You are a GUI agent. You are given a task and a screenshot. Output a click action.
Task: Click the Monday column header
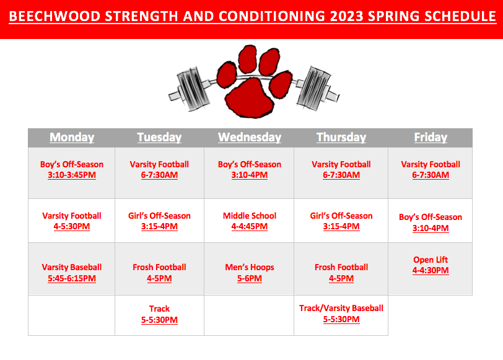tap(72, 138)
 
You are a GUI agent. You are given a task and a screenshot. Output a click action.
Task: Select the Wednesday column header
tap(250, 138)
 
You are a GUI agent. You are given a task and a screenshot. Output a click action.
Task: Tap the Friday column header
tap(431, 138)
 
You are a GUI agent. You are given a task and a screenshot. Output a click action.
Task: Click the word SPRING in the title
tap(394, 16)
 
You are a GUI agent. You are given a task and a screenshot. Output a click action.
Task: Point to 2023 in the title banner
tap(347, 16)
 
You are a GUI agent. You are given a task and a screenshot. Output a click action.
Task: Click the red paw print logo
tap(254, 82)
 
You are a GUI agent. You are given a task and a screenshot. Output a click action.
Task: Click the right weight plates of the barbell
tap(313, 88)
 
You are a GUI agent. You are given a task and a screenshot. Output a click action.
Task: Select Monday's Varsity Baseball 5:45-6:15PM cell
tap(71, 269)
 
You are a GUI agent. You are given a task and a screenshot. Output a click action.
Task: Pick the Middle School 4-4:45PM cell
tap(249, 221)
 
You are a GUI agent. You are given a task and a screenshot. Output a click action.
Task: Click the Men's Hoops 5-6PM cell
tap(249, 269)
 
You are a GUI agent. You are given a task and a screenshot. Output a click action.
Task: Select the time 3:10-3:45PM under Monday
tap(72, 175)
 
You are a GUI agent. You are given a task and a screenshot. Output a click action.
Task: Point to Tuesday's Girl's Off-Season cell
tap(159, 221)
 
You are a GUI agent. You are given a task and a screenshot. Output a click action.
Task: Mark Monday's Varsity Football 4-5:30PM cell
tap(71, 221)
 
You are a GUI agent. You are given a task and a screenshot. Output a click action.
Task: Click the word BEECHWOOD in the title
tap(55, 16)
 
